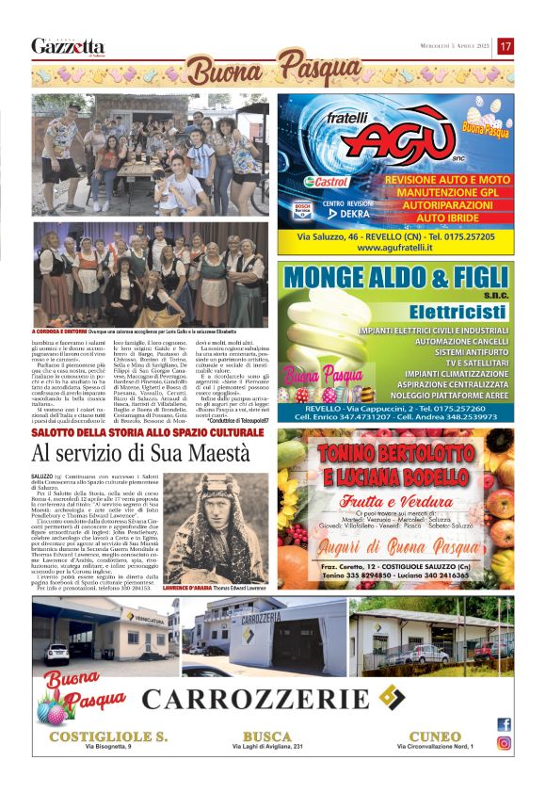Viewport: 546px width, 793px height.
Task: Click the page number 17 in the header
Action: tap(506, 45)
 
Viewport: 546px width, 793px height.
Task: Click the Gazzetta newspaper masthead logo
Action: tap(67, 46)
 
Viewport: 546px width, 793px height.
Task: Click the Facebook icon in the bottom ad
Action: tap(504, 724)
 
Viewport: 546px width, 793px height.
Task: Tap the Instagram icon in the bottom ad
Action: tap(504, 742)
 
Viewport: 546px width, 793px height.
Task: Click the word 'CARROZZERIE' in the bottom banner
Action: tap(255, 698)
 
